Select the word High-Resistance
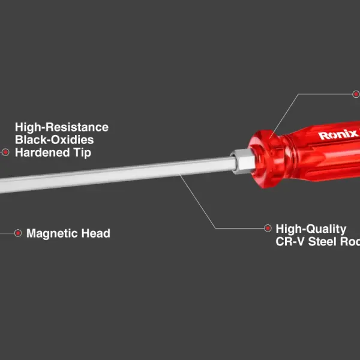coord(62,127)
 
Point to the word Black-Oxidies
coord(55,140)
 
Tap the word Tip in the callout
coord(82,152)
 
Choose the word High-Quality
coord(311,229)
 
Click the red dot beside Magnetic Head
coord(17,233)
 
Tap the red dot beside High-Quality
coord(268,228)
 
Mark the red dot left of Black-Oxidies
coord(5,152)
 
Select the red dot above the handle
coord(356,94)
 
